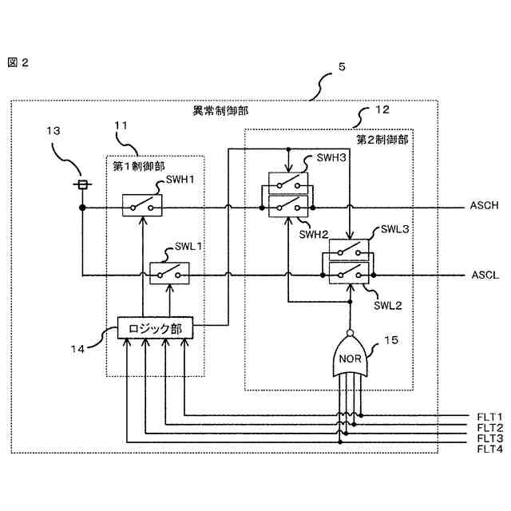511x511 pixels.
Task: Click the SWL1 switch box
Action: pos(168,274)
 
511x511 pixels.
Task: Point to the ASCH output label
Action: pos(485,206)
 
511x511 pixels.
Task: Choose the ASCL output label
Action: pos(485,275)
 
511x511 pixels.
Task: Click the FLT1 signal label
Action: pos(489,417)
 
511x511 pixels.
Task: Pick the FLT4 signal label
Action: pos(489,449)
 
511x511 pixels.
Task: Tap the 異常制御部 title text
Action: pos(220,109)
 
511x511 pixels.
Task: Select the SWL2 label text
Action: pos(386,304)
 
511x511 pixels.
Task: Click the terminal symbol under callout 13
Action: pos(81,185)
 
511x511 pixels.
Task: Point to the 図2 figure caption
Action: pos(18,63)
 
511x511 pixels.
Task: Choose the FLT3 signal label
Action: pos(489,438)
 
